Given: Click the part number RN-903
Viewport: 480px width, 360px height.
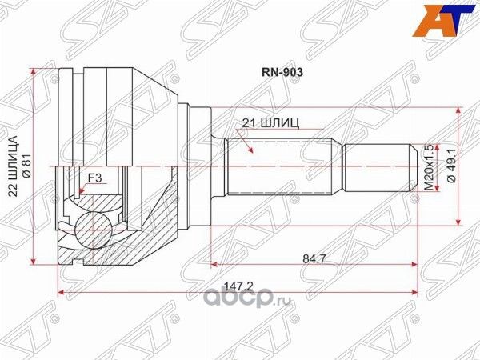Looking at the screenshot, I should point(282,70).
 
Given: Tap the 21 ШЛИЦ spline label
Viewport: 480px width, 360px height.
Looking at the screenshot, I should point(270,123).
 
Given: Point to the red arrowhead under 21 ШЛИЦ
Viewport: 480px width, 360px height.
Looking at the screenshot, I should point(250,150).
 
